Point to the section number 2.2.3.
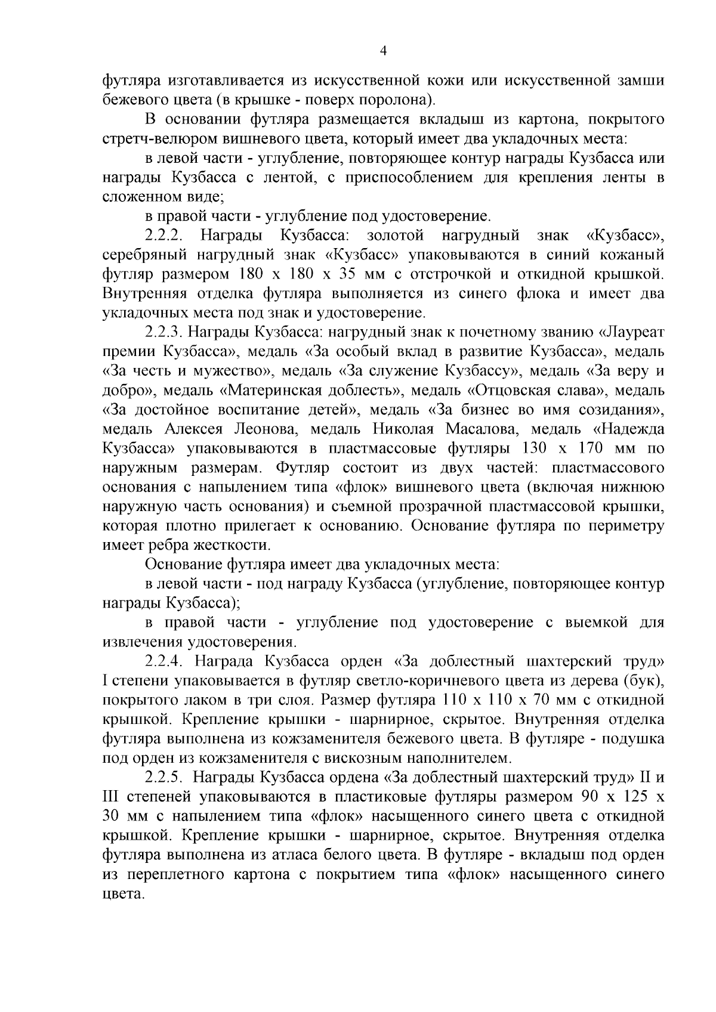coord(166,332)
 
